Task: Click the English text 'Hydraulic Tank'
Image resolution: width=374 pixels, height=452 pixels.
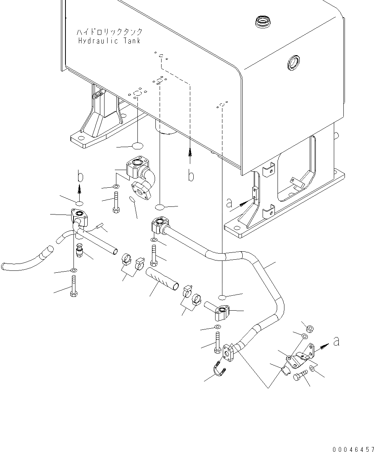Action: tap(109, 41)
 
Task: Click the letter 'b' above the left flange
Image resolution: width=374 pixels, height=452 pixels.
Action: tap(80, 177)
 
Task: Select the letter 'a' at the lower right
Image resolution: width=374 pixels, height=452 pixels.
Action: tap(336, 341)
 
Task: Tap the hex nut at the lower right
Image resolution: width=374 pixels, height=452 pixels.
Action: tap(311, 329)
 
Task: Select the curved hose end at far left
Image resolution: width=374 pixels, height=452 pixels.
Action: tap(23, 262)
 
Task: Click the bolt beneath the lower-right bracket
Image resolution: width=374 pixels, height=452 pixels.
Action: tap(300, 376)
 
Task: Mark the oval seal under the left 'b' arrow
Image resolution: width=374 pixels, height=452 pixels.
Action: tap(79, 203)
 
